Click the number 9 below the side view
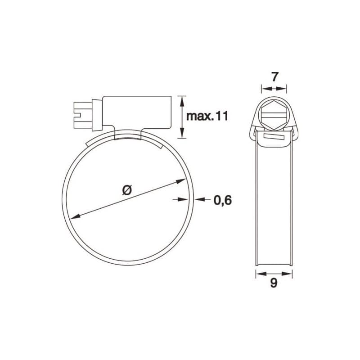point(274,283)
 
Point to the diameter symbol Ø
point(127,190)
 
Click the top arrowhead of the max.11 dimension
point(181,99)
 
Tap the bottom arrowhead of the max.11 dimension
point(181,134)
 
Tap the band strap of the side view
point(274,202)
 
